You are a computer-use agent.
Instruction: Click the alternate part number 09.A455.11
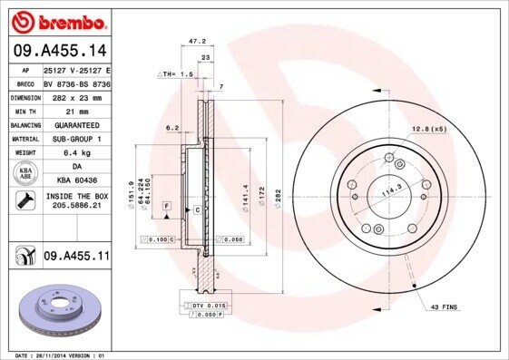click(x=75, y=257)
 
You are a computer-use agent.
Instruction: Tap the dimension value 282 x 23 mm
click(x=75, y=97)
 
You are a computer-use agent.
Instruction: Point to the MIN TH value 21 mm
click(x=75, y=111)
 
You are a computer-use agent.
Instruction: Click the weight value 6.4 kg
click(x=75, y=152)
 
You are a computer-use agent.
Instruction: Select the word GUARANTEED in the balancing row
click(x=75, y=124)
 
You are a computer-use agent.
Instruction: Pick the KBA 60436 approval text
click(x=75, y=180)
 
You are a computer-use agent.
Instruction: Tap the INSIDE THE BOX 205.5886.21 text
click(x=75, y=201)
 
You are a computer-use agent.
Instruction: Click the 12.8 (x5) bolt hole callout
click(x=429, y=129)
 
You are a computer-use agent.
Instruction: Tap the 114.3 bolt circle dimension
click(x=391, y=192)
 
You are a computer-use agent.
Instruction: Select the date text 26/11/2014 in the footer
click(x=63, y=355)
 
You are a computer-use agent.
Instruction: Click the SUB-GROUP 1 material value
click(x=75, y=139)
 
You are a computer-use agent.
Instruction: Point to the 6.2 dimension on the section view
click(x=171, y=128)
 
